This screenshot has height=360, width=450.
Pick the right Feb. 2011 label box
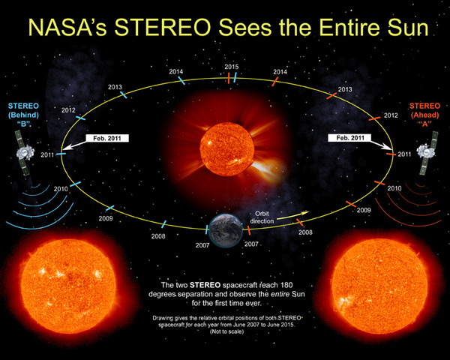(x=350, y=139)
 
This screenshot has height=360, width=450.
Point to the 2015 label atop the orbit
(x=231, y=67)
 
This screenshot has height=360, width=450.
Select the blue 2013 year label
(x=115, y=88)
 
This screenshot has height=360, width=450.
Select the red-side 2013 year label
(x=346, y=90)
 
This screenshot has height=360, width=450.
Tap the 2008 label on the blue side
(x=158, y=236)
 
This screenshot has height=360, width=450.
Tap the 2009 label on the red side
(x=364, y=211)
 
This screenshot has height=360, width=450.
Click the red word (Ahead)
(x=424, y=115)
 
